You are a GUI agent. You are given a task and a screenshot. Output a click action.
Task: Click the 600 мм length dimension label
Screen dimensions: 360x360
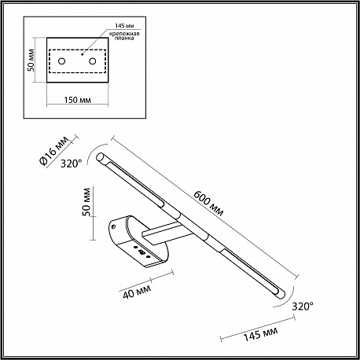(x=208, y=204)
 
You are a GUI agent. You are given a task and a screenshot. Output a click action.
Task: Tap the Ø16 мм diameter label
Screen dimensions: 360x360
(x=53, y=151)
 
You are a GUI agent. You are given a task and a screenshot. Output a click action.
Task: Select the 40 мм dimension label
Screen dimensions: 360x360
(x=137, y=292)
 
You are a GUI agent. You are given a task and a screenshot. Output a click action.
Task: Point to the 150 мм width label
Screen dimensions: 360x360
(x=78, y=100)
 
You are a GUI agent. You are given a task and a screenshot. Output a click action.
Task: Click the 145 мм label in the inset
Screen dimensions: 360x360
(x=125, y=26)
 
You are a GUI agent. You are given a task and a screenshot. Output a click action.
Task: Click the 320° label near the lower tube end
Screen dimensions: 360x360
(x=303, y=306)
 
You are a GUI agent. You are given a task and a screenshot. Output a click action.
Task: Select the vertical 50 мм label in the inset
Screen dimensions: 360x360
(x=31, y=60)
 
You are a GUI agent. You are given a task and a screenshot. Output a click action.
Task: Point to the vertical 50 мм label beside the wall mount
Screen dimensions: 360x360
(x=86, y=202)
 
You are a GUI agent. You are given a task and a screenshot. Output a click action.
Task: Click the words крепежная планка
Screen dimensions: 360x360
(x=124, y=36)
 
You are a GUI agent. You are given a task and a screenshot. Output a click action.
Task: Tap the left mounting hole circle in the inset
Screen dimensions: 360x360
(x=61, y=61)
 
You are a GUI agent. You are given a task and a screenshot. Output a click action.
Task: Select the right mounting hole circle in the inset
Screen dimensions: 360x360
(x=92, y=61)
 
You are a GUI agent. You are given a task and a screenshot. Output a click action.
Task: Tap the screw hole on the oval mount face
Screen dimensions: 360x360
(x=114, y=226)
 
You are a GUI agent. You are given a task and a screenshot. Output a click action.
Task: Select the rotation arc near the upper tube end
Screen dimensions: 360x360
(x=95, y=153)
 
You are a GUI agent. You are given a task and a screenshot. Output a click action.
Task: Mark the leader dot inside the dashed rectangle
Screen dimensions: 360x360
(x=82, y=54)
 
